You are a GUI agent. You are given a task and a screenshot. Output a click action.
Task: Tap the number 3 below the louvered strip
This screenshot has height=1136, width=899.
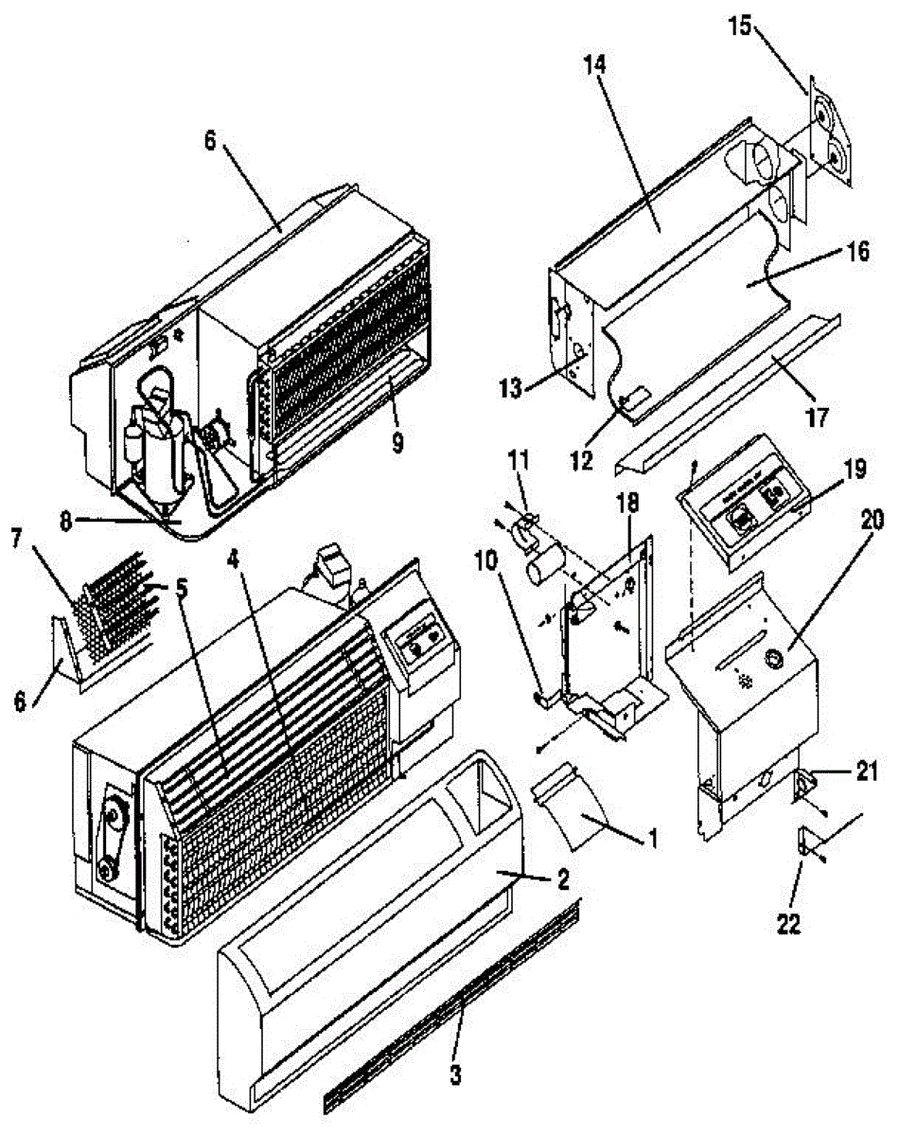pos(456,1074)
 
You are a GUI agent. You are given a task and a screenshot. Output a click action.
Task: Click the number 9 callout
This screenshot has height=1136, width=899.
pos(397,441)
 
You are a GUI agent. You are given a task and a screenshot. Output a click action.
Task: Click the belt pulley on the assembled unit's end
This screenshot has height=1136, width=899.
pos(110,833)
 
